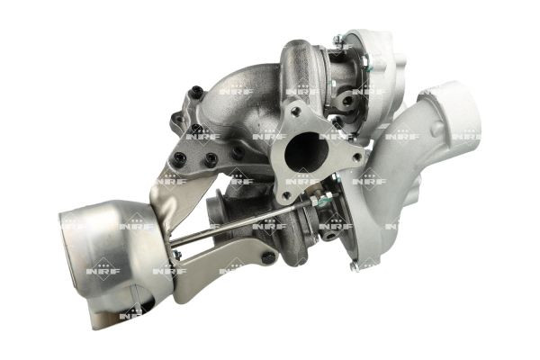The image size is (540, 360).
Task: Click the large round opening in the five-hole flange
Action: click(306, 150)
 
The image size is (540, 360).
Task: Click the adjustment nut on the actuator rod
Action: click(314, 200)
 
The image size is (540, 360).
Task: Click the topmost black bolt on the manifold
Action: click(196, 89)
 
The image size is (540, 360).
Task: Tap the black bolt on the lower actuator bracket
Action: click(267, 257)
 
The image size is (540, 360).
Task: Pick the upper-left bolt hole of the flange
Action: click(295, 111)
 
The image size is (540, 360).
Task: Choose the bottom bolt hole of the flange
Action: click(285, 196)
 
